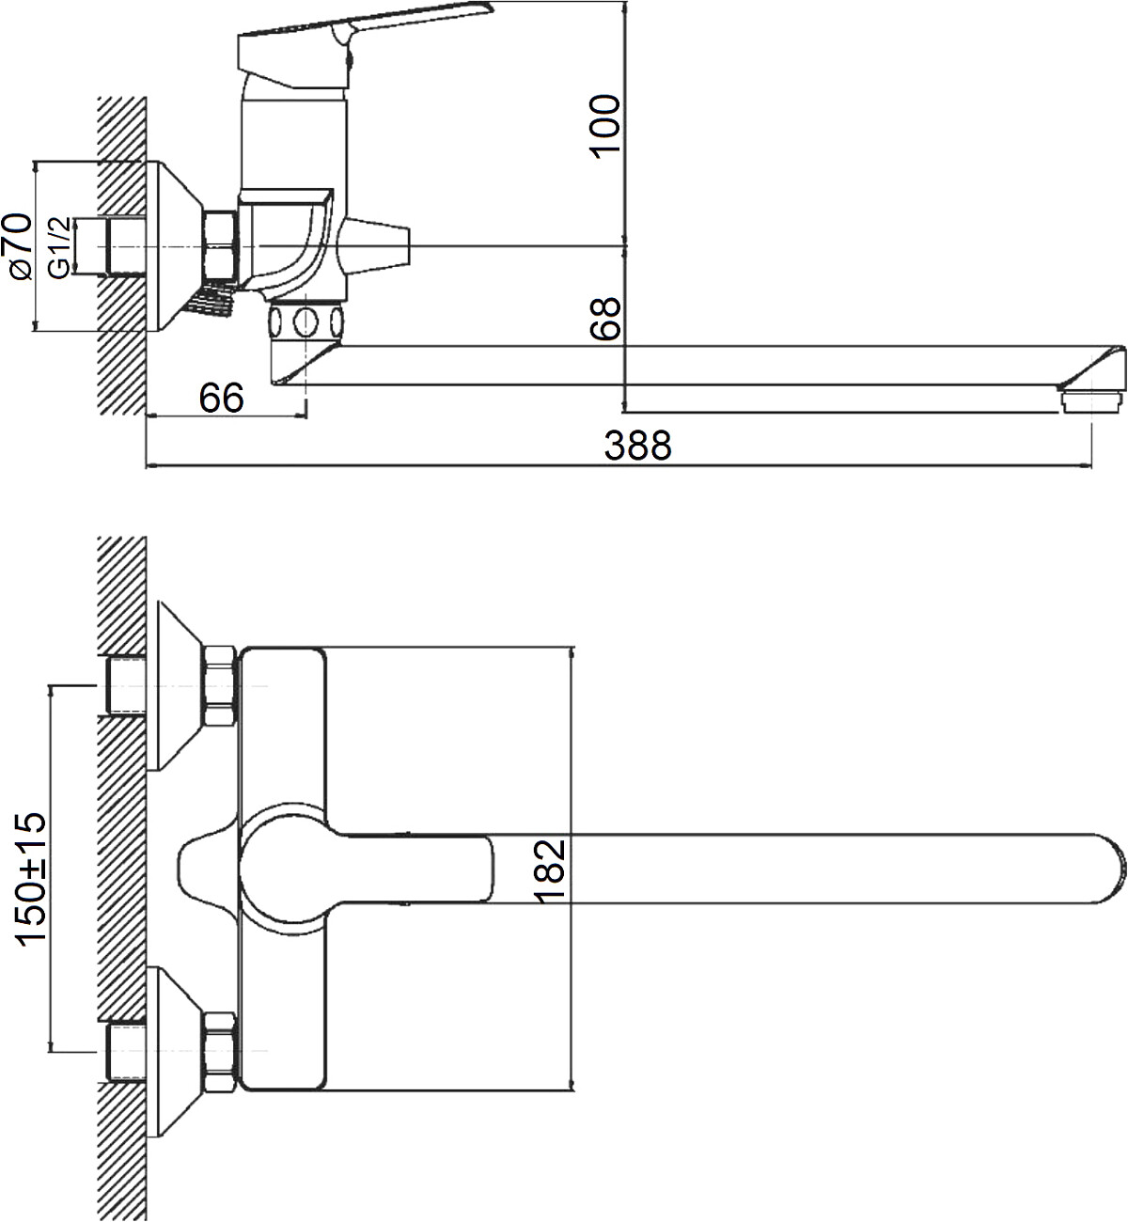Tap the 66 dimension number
click(x=222, y=398)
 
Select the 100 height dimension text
click(x=605, y=126)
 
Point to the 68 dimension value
click(x=605, y=319)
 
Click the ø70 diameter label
click(x=18, y=246)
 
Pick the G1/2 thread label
click(x=59, y=247)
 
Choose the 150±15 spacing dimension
click(x=31, y=880)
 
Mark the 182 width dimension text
click(x=550, y=871)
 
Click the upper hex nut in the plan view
click(x=220, y=685)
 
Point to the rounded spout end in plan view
click(x=1114, y=869)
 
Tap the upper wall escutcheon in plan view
click(x=180, y=685)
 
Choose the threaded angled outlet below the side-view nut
click(x=211, y=299)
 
